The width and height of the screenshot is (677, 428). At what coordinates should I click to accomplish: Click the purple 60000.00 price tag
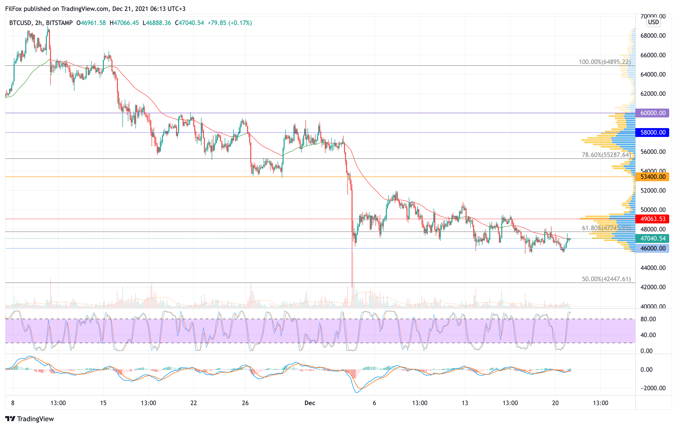pyautogui.click(x=652, y=113)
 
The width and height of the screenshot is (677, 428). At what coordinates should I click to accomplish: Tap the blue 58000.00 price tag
pyautogui.click(x=652, y=132)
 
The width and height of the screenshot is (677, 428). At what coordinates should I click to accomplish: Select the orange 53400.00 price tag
pyautogui.click(x=652, y=177)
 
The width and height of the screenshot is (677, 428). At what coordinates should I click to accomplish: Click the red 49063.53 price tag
pyautogui.click(x=652, y=219)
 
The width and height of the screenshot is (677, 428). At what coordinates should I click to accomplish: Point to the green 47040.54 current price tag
pyautogui.click(x=652, y=238)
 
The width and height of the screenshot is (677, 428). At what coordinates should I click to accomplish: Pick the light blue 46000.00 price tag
pyautogui.click(x=652, y=248)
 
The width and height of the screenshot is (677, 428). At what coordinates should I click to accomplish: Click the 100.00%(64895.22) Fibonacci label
pyautogui.click(x=604, y=62)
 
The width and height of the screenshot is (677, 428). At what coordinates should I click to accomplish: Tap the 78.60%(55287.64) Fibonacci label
pyautogui.click(x=606, y=155)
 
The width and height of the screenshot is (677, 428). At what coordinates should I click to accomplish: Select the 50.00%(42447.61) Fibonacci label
pyautogui.click(x=606, y=279)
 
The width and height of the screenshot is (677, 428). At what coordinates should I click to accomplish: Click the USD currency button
pyautogui.click(x=653, y=22)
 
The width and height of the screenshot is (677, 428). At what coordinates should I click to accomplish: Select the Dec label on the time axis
pyautogui.click(x=310, y=403)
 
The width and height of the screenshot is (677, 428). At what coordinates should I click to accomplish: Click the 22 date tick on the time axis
pyautogui.click(x=194, y=403)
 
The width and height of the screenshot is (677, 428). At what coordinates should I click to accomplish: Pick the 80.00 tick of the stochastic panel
pyautogui.click(x=648, y=319)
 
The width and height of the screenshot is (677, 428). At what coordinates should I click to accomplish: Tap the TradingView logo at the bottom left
pyautogui.click(x=29, y=419)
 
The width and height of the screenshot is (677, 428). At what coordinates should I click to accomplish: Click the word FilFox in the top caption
pyautogui.click(x=13, y=9)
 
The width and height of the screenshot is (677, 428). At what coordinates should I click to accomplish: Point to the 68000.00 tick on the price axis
pyautogui.click(x=653, y=36)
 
